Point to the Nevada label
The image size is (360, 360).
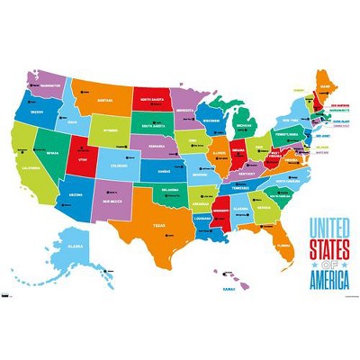[52, 154]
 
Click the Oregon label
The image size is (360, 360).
[36, 113]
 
